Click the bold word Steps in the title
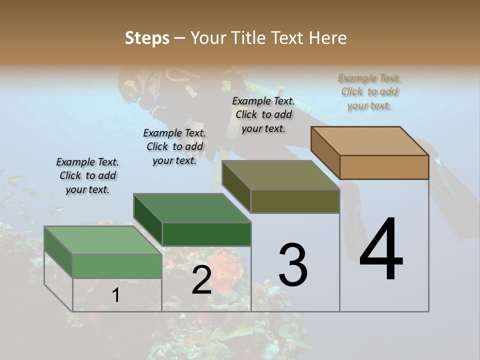click(x=147, y=38)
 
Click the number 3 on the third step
click(x=293, y=265)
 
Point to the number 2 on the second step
click(x=202, y=280)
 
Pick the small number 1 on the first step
click(x=116, y=295)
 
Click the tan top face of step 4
click(x=370, y=140)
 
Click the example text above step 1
click(x=87, y=175)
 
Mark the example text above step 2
click(x=174, y=146)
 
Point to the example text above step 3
click(x=263, y=114)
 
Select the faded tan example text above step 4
click(x=369, y=91)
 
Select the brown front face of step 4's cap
click(x=384, y=167)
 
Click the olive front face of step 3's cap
click(x=295, y=201)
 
